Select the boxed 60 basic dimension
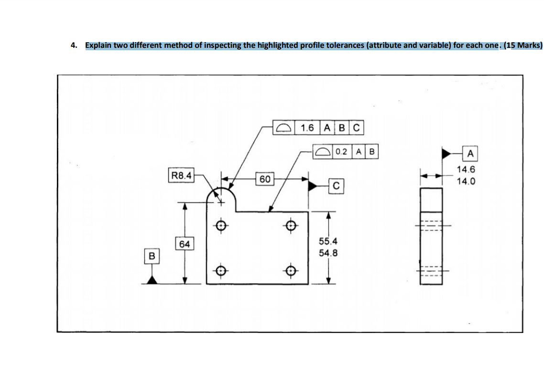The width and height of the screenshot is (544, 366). click(265, 179)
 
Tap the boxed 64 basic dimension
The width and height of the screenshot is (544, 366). click(185, 244)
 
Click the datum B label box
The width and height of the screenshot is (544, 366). click(152, 256)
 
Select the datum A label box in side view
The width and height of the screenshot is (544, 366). click(470, 154)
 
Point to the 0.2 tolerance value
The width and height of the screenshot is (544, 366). click(341, 152)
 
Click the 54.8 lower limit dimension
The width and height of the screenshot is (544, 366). click(328, 253)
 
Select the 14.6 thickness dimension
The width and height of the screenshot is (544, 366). click(466, 169)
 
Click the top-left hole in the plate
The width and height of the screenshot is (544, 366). click(221, 224)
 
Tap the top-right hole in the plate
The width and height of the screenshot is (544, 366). click(290, 224)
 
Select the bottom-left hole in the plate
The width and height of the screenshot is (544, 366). click(221, 271)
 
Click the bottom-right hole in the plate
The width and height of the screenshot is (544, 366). click(290, 271)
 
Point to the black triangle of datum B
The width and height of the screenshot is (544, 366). click(152, 279)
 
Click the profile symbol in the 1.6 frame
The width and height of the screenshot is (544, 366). click(285, 128)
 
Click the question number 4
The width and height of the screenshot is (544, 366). click(73, 45)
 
